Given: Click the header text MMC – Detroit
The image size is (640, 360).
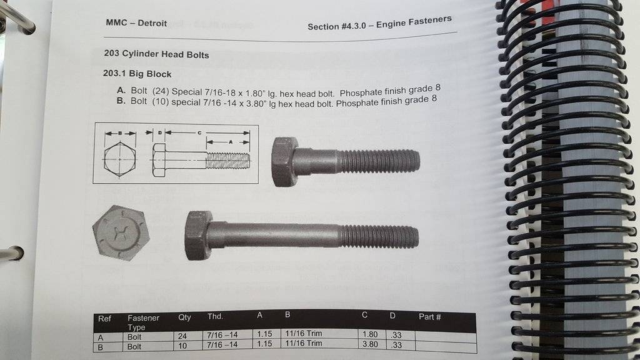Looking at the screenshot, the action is click(x=136, y=23).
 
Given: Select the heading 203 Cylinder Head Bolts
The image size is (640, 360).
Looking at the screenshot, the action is click(x=156, y=54).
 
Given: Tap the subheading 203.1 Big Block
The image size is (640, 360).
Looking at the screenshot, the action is click(x=137, y=74).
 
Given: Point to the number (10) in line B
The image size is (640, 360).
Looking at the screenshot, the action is click(x=161, y=102).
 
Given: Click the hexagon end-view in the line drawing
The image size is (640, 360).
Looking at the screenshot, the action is click(x=119, y=159).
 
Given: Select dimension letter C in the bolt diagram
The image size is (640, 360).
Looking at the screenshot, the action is click(x=199, y=132).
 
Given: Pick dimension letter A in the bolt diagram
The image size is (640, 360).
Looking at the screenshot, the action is click(x=231, y=142).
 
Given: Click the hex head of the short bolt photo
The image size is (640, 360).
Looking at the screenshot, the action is click(x=284, y=162).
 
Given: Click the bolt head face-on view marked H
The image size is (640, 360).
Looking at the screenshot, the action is click(x=121, y=232).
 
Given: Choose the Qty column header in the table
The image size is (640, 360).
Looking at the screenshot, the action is click(x=184, y=317).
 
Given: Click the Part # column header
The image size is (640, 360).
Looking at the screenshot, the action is click(x=430, y=317).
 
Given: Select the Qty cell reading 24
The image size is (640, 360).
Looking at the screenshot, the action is click(x=182, y=336).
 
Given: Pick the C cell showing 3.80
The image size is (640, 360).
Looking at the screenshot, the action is click(x=370, y=344).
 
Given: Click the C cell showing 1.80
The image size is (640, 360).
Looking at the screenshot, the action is click(x=370, y=334).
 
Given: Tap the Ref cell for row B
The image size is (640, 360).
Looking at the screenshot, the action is click(x=101, y=347).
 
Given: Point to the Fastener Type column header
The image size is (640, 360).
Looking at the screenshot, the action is click(x=143, y=322).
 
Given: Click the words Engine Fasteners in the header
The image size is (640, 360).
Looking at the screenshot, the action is click(x=414, y=22).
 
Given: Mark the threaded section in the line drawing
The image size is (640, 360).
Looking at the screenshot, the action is click(x=227, y=161).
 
